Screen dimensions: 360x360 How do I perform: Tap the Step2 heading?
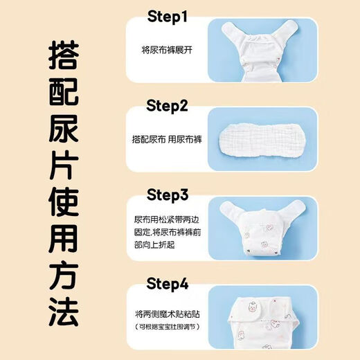coord(177,105)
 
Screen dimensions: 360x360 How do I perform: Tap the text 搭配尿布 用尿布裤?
coord(166,138)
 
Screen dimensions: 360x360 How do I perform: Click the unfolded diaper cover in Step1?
coord(247,48)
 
